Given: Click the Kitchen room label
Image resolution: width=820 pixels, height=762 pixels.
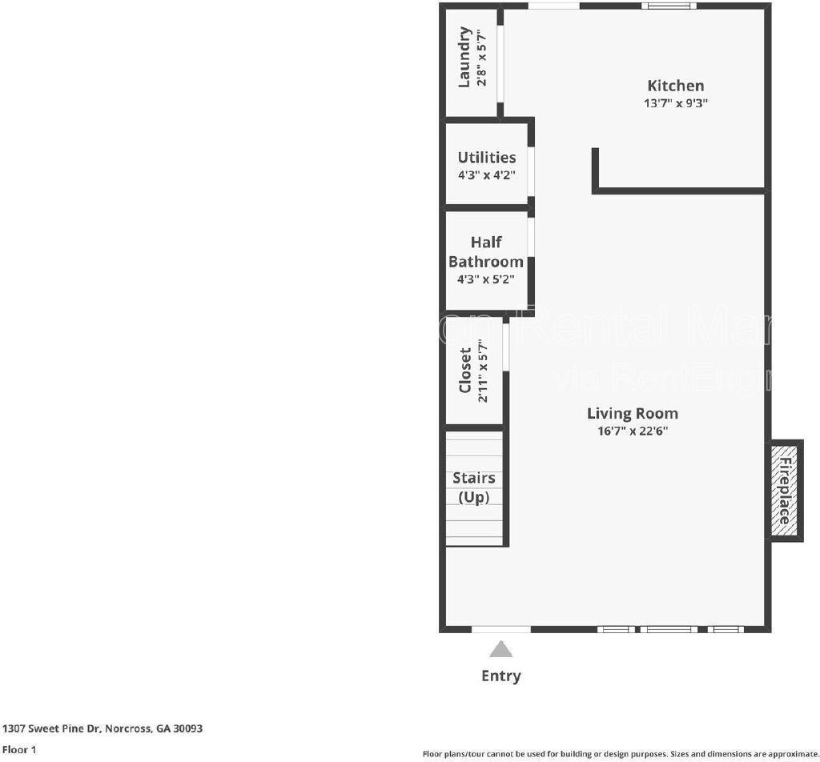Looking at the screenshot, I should (x=675, y=86).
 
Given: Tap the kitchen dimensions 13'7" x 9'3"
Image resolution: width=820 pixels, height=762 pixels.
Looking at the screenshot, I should (x=676, y=103).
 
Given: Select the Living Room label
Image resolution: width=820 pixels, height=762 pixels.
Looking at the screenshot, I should (x=632, y=413).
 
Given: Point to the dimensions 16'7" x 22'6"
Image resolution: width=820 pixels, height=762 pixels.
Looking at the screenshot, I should (x=632, y=431).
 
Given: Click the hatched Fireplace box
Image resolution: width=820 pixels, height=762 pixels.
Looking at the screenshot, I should (x=785, y=490).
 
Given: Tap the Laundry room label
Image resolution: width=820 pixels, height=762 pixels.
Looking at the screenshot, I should (x=464, y=57).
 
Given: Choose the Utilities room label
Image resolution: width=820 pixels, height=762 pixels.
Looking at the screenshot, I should (x=486, y=157).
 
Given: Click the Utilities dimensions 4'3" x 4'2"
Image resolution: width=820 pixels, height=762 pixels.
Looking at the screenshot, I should (x=486, y=174).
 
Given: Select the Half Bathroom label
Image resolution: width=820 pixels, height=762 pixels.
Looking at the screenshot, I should (x=485, y=251).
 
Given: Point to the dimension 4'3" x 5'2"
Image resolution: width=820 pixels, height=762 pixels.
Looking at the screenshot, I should (x=485, y=279).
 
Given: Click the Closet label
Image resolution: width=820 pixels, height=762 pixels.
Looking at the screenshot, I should (x=465, y=371).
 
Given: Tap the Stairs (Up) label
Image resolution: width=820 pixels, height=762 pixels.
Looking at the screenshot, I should (x=473, y=487).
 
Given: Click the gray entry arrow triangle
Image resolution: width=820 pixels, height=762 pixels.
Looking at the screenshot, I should (x=500, y=649).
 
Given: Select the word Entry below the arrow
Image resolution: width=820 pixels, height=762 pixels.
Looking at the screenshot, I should (x=500, y=676).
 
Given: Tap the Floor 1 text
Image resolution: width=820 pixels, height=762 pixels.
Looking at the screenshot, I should (x=18, y=750).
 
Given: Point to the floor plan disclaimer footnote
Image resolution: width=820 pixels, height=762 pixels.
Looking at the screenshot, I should (x=620, y=753).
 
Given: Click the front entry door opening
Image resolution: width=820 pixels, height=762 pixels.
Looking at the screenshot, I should (x=500, y=630).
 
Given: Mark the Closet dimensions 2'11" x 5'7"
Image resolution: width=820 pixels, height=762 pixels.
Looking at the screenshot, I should (x=482, y=371).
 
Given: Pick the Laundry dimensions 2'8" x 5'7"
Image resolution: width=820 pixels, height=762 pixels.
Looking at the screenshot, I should (x=480, y=57).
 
